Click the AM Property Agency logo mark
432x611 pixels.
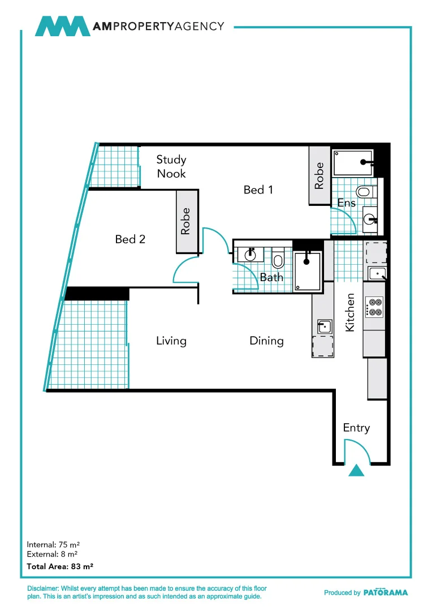pos(62,27)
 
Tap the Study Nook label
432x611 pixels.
pos(171,166)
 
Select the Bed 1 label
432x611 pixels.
pos(258,190)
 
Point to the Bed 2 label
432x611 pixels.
pos(130,239)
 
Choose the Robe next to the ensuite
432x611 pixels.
pos(319,175)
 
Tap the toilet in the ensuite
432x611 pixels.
pos(364,192)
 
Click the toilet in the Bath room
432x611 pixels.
pos(278,260)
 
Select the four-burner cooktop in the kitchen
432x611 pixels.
pos(374,307)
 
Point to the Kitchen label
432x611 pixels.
pos(350,312)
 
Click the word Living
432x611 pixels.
pos(171,341)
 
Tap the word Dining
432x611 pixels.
pos(266,341)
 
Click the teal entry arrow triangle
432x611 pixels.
pos(356,471)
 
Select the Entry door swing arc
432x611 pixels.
pos(362,447)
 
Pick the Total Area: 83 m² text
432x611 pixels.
pos(60,566)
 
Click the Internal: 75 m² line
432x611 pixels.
pos(53,545)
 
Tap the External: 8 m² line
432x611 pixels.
pos(52,554)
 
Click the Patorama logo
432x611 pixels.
pos(385,592)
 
